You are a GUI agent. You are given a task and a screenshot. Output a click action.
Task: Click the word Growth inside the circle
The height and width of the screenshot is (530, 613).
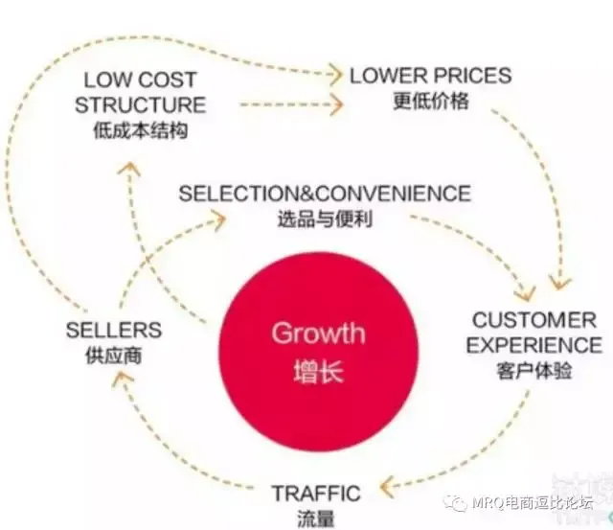(318, 334)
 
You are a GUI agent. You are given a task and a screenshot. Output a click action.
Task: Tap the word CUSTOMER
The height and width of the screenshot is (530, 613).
(534, 320)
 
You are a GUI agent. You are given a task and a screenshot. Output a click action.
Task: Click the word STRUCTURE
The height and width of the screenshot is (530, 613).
(141, 104)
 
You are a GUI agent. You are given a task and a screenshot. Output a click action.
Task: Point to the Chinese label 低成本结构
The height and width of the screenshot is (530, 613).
(140, 128)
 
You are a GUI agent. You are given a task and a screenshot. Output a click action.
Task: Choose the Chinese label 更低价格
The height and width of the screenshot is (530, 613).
(431, 100)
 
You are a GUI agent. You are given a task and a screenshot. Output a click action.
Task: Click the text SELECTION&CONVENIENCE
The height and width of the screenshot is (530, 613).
(325, 194)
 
